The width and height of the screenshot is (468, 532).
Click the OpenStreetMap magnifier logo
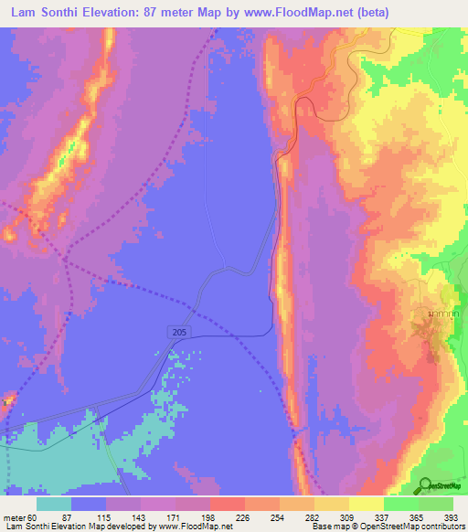click(427, 485)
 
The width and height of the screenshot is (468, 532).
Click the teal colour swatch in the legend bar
click(53, 504)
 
